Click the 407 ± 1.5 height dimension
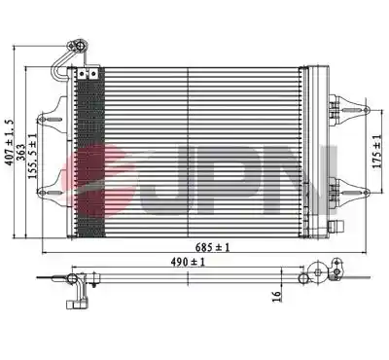click(10, 142)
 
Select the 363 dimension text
click(20, 152)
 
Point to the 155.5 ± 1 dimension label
click(32, 156)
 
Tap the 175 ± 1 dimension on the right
click(377, 152)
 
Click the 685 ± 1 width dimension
click(212, 248)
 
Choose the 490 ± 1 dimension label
click(188, 262)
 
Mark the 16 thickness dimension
click(276, 296)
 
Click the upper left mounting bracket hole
click(42, 120)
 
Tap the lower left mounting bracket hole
click(42, 193)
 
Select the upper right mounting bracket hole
click(366, 110)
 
